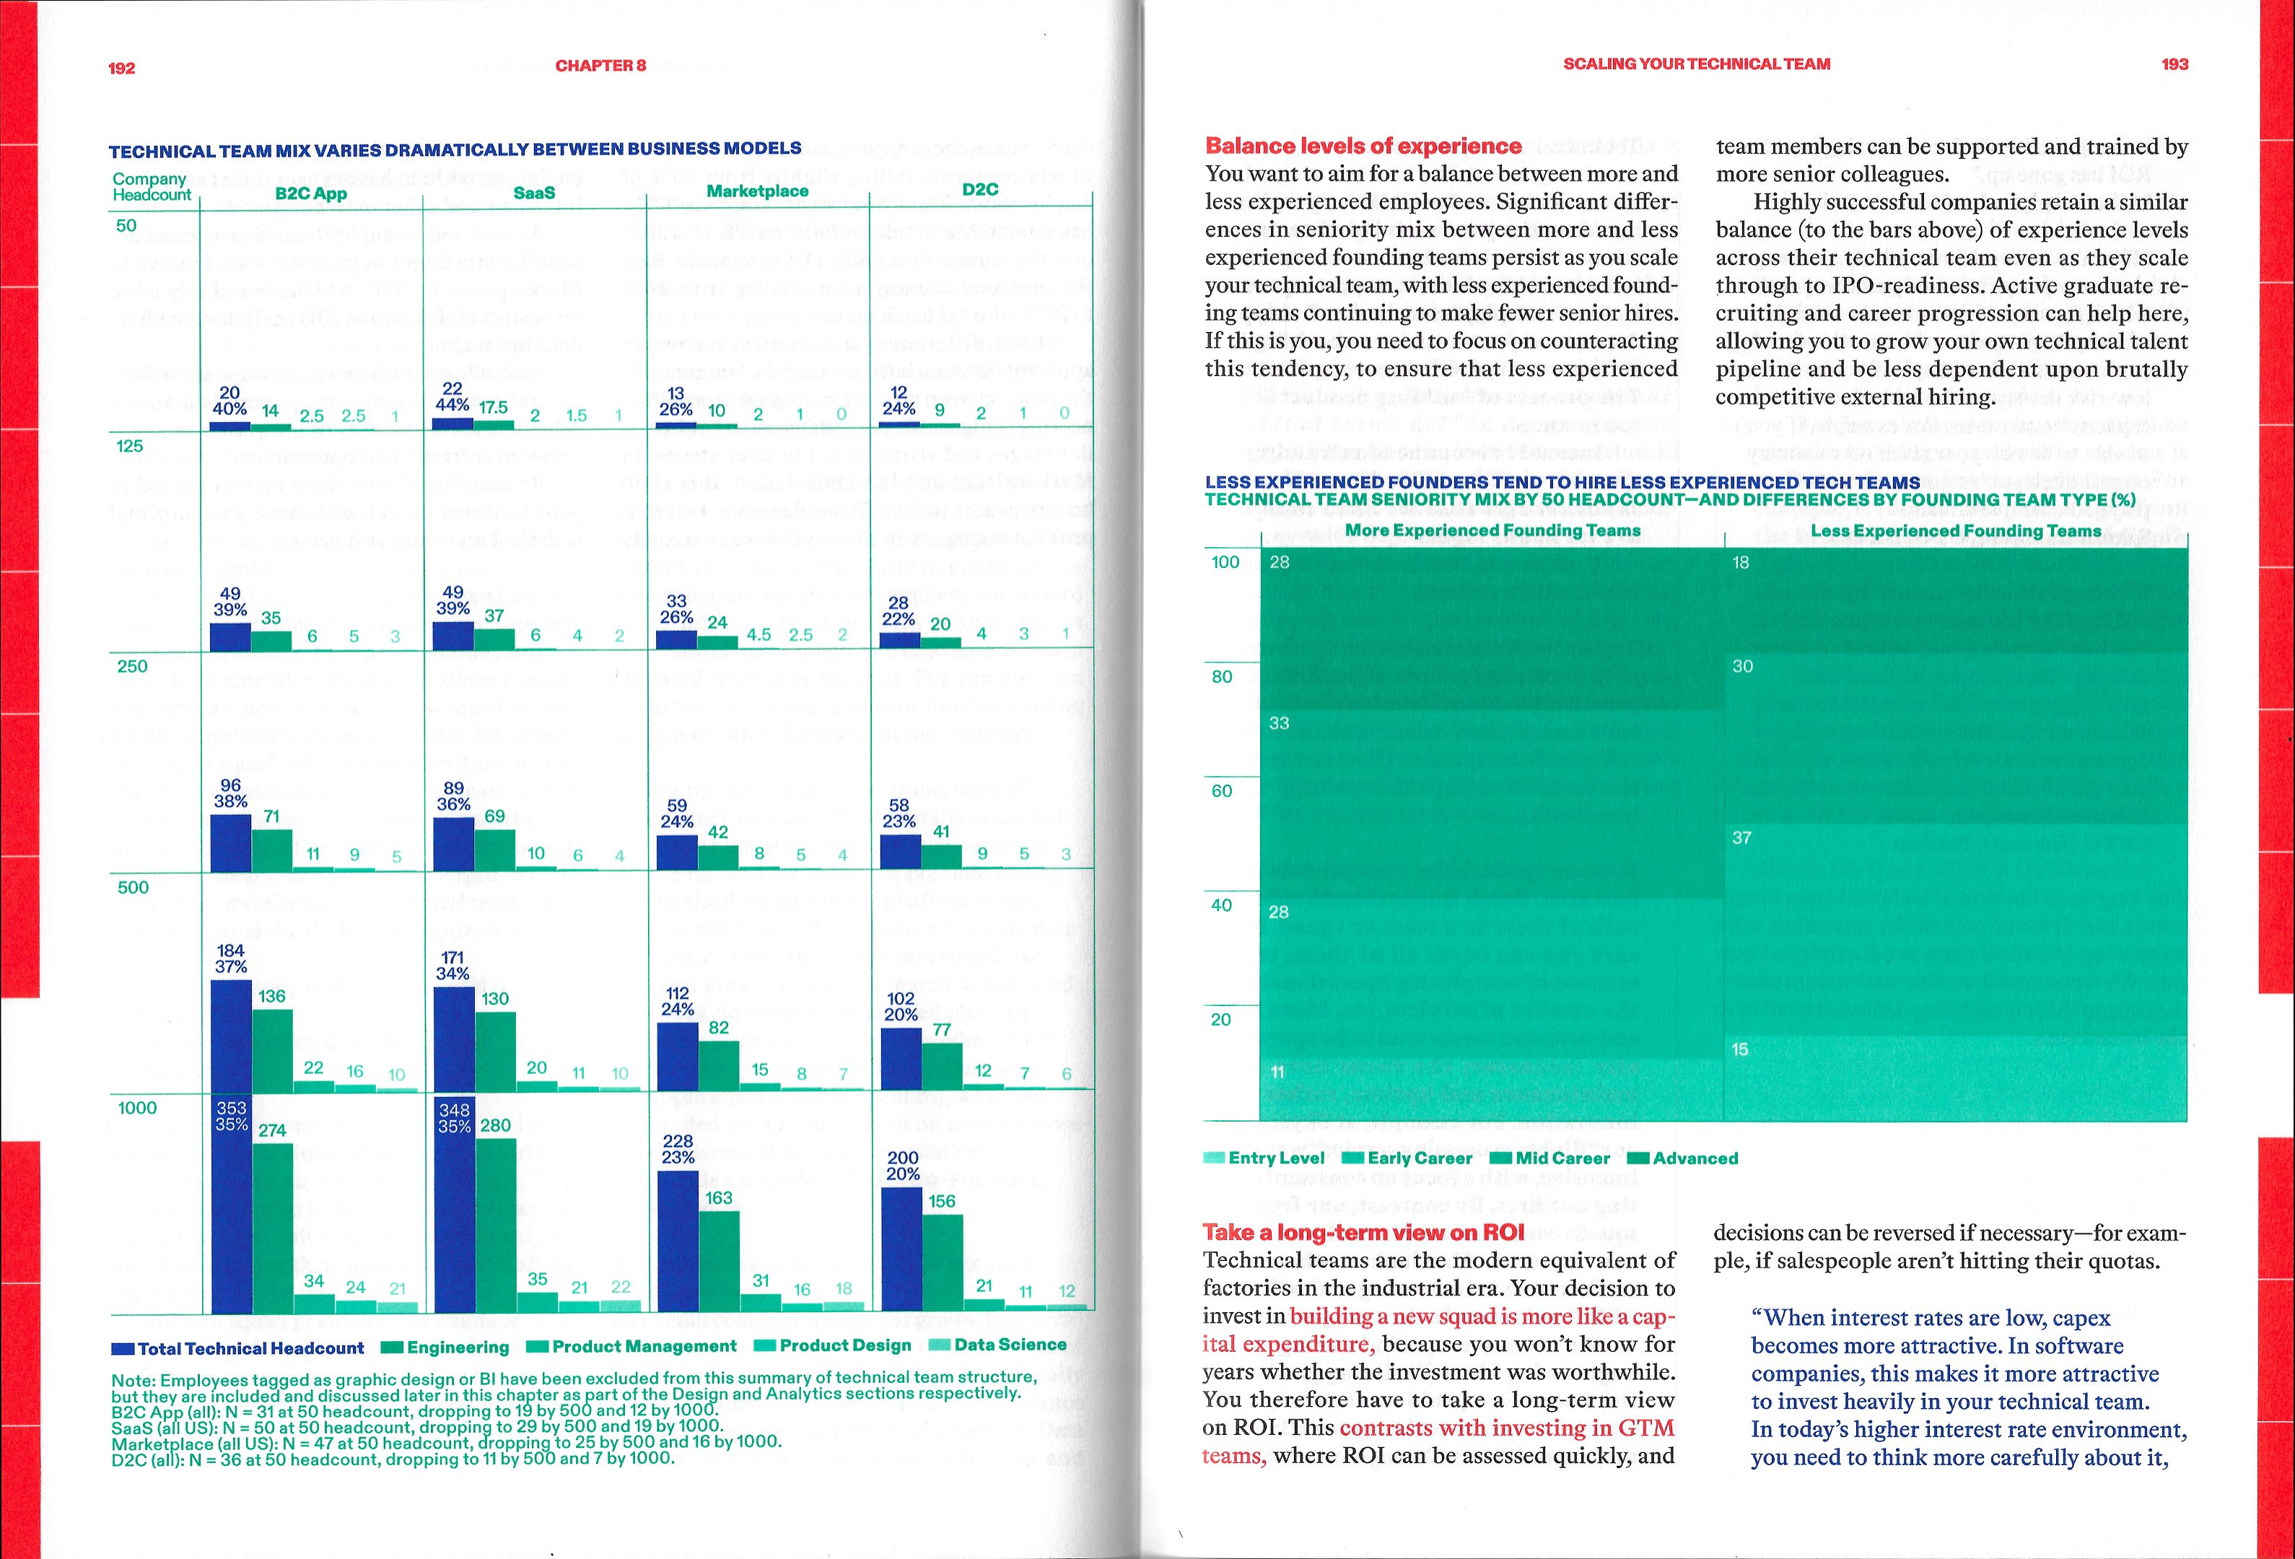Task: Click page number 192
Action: (121, 68)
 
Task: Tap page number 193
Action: (2174, 64)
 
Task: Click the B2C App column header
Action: (311, 193)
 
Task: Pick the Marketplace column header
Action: (758, 191)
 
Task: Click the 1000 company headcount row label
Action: (137, 1108)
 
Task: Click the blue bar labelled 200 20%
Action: (901, 1249)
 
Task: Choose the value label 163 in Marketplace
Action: (719, 1197)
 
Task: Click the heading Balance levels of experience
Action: (1363, 146)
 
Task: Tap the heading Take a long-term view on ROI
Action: (1363, 1232)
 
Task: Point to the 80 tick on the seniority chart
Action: (1223, 677)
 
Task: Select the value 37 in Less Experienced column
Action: (1742, 838)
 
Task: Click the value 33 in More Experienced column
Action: (1279, 724)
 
